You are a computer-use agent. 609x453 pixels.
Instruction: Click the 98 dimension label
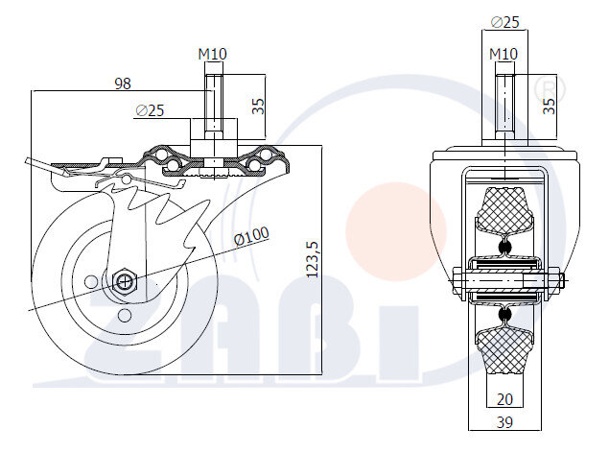123,83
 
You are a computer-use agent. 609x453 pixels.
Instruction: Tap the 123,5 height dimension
313,259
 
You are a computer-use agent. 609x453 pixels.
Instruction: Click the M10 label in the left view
213,54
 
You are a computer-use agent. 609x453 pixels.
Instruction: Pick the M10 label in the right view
504,54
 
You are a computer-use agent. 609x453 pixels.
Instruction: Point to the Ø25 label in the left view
151,110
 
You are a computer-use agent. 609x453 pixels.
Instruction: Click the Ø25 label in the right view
504,22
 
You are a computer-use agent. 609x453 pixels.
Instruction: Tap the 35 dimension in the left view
258,106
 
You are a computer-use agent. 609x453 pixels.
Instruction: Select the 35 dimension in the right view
550,106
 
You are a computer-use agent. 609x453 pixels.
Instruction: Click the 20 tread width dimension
504,399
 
